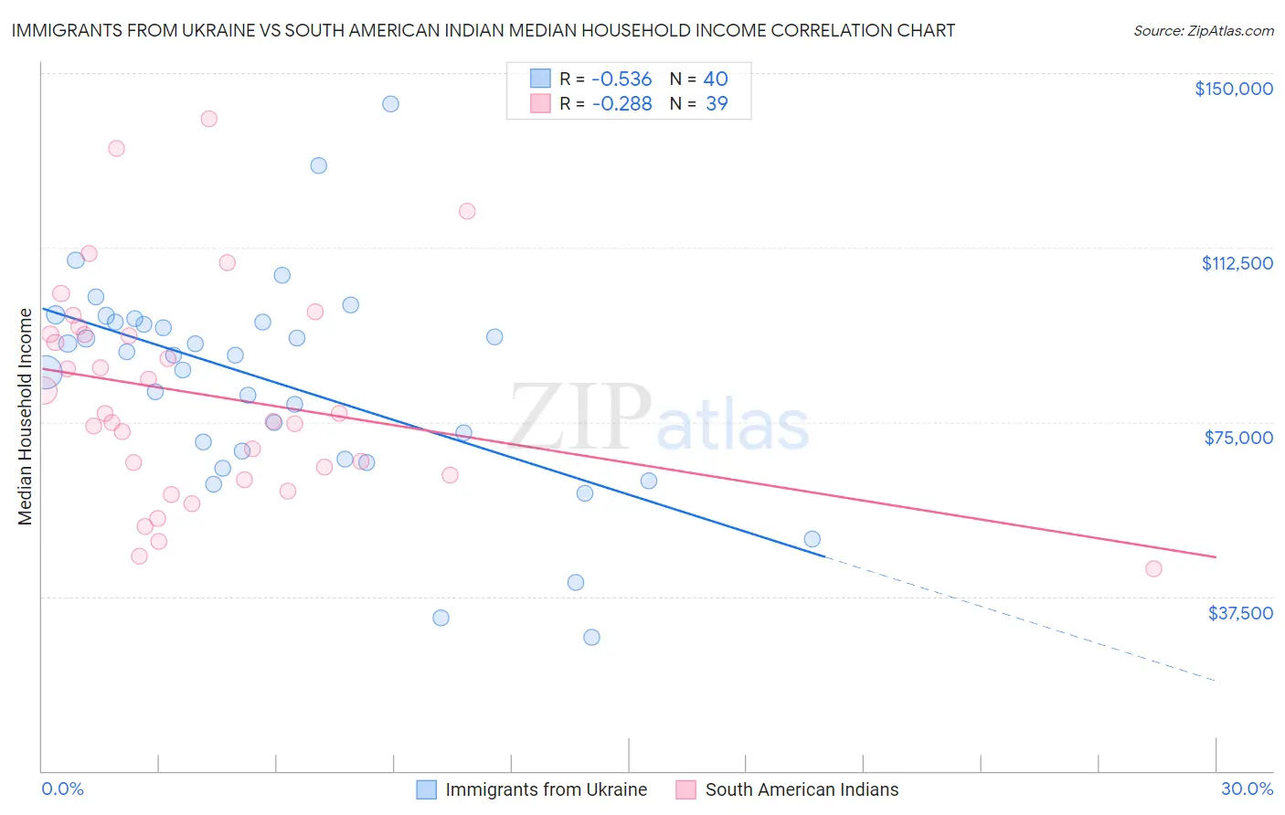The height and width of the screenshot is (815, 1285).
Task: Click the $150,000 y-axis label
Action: tap(1233, 89)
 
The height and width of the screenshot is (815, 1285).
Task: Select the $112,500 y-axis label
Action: tap(1237, 263)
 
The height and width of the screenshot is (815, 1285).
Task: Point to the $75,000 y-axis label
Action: tap(1238, 438)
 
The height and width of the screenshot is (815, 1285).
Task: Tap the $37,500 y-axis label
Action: tap(1240, 613)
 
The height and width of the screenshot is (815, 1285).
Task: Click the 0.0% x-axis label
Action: tap(62, 789)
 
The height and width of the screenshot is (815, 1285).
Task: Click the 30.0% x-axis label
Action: tap(1247, 789)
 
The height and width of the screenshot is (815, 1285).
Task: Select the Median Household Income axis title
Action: tap(26, 417)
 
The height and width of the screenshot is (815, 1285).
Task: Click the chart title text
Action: tap(483, 30)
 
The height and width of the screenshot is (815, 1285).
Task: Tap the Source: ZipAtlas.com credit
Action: tap(1203, 31)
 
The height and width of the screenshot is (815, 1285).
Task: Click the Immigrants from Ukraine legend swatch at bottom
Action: tap(427, 789)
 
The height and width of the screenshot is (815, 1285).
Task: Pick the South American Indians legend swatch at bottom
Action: tap(686, 789)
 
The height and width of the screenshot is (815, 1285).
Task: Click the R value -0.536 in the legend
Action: tap(621, 79)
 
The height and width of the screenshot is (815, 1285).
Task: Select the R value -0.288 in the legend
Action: tap(621, 104)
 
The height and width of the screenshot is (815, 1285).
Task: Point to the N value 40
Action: tap(716, 79)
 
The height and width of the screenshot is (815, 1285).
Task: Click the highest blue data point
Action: tap(390, 104)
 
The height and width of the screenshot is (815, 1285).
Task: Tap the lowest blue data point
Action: tap(591, 637)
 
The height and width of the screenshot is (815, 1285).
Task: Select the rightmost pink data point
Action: tap(1153, 569)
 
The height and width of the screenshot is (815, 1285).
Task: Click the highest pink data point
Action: tap(208, 119)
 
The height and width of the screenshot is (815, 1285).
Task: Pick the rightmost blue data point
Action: tap(812, 539)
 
